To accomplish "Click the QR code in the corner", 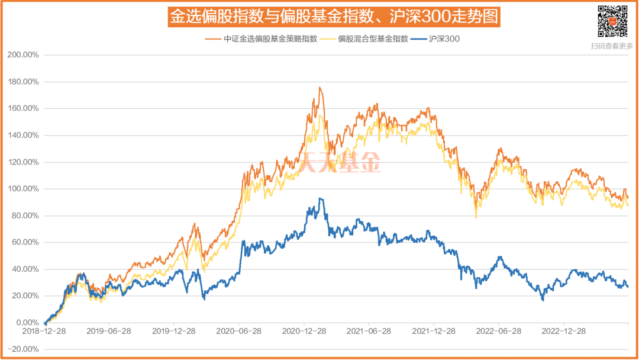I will tap(612, 21).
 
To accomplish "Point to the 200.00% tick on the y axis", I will tap(23, 54).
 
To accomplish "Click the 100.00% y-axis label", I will tap(23, 189).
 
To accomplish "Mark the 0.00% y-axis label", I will tap(27, 323).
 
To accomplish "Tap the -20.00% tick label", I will tap(23, 349).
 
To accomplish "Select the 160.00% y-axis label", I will tap(23, 108).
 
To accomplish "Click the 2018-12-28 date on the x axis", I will tap(44, 330).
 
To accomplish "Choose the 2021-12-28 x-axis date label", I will tap(433, 330).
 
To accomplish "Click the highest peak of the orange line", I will tap(320, 88).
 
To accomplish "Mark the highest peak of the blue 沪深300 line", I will tap(320, 198).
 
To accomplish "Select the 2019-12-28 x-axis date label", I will tap(174, 330).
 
